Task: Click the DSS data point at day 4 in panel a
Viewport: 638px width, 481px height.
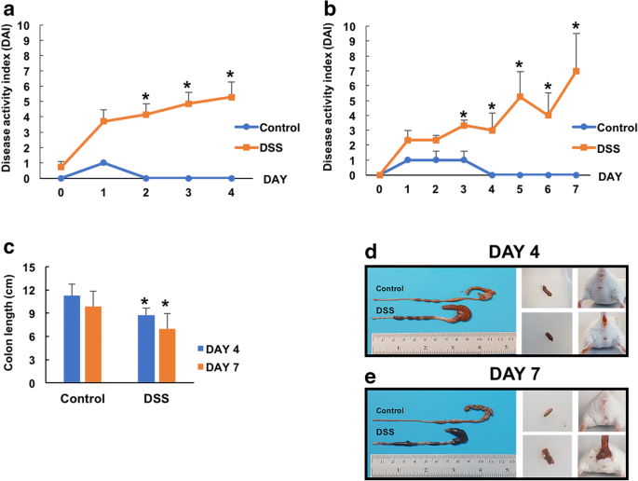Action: (231, 97)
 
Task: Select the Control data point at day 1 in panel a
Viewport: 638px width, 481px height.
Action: (103, 162)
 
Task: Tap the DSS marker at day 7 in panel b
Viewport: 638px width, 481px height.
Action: (576, 71)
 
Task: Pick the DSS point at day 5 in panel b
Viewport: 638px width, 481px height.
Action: (520, 97)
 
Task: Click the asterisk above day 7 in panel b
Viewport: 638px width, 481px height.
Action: (576, 27)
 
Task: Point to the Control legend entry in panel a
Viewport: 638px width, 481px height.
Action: (267, 128)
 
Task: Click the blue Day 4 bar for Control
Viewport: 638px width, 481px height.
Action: (72, 339)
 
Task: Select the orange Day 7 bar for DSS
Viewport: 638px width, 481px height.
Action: (168, 355)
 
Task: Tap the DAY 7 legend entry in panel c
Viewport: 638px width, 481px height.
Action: (218, 367)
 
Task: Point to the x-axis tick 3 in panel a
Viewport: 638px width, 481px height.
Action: (188, 193)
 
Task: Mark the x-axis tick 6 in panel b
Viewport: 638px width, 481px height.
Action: (548, 190)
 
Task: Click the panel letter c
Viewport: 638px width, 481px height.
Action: (8, 247)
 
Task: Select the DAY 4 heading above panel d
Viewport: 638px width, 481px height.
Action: (514, 252)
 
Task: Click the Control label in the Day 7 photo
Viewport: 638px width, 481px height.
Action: (390, 410)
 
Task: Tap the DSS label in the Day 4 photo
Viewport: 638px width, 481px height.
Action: (385, 310)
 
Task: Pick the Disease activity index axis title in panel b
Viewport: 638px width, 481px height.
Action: (328, 99)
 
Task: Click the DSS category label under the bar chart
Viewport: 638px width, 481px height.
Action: (156, 398)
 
